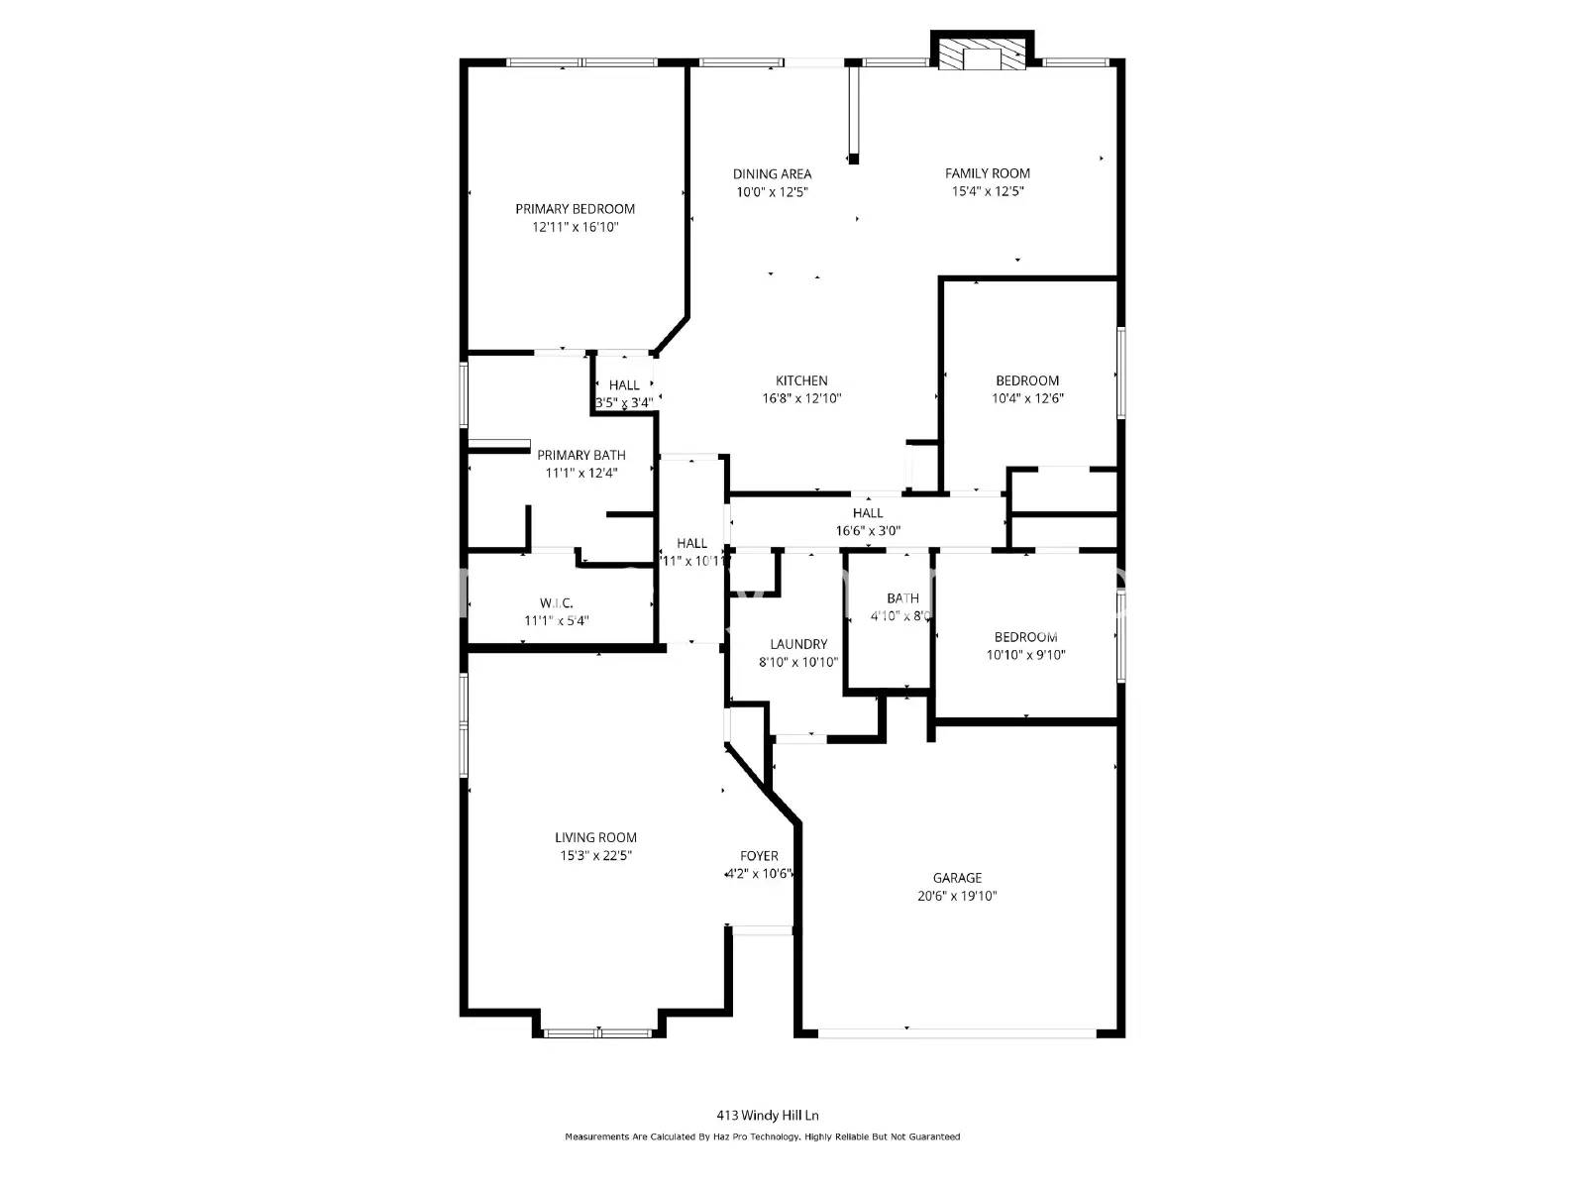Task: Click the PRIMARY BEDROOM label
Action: pyautogui.click(x=575, y=209)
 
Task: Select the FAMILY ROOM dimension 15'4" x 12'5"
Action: pyautogui.click(x=987, y=191)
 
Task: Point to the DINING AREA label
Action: pyautogui.click(x=772, y=174)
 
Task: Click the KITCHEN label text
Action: pyautogui.click(x=801, y=380)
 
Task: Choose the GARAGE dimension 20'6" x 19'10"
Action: pyautogui.click(x=957, y=896)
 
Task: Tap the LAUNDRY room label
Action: pyautogui.click(x=798, y=644)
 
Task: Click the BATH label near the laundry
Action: pyautogui.click(x=902, y=598)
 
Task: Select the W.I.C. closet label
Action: pyautogui.click(x=557, y=602)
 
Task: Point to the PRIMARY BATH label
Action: pyautogui.click(x=581, y=455)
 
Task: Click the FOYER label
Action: pyautogui.click(x=759, y=856)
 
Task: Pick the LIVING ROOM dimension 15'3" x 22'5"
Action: pyautogui.click(x=595, y=855)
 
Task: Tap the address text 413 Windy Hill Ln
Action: pyautogui.click(x=768, y=1115)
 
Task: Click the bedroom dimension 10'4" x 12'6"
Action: pyautogui.click(x=1027, y=398)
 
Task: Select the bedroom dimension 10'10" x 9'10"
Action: pyautogui.click(x=1025, y=655)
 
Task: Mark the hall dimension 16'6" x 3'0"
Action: pyautogui.click(x=868, y=530)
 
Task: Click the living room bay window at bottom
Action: pyautogui.click(x=597, y=1033)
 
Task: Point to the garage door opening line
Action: pyautogui.click(x=957, y=1033)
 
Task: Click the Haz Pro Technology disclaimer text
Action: pyautogui.click(x=762, y=1136)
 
